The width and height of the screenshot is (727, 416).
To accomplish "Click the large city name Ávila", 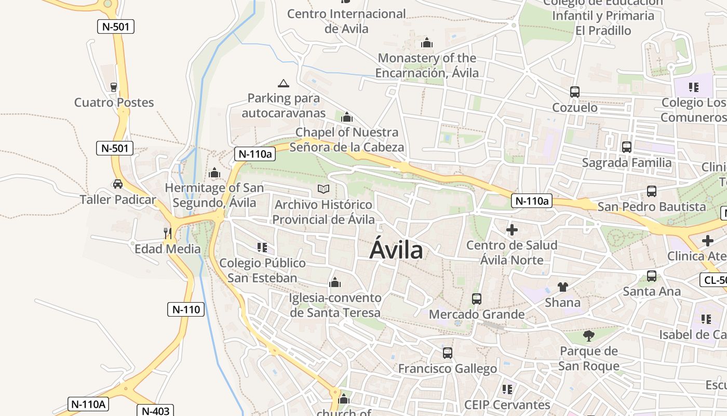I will (396, 251).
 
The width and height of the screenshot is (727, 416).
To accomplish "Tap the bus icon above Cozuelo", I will (574, 92).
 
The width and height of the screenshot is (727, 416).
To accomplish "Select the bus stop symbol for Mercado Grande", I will (476, 299).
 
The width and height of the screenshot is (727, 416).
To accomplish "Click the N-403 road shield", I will (156, 411).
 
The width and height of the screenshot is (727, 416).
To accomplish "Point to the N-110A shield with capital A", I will (88, 404).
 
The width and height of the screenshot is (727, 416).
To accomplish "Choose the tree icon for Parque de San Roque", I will (588, 336).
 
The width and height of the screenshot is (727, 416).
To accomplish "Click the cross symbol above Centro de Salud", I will (512, 229).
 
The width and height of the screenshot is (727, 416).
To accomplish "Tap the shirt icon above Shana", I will (563, 287).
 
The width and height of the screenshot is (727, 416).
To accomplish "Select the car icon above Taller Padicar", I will (118, 184).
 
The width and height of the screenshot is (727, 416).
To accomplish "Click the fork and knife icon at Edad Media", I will (167, 233).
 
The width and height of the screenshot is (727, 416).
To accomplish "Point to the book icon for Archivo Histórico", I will (324, 189).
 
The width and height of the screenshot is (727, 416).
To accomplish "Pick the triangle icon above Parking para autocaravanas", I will (283, 83).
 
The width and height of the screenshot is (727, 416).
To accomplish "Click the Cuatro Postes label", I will (114, 102).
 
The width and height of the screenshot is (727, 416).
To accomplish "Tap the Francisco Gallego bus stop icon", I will (447, 353).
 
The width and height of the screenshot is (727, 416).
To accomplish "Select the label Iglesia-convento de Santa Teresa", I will (335, 305).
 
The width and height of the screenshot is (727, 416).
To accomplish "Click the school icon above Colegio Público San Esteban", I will (262, 247).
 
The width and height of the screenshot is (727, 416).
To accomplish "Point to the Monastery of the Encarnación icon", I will (427, 43).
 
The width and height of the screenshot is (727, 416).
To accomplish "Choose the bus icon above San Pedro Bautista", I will (651, 191).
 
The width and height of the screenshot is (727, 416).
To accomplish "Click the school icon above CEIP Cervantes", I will (507, 389).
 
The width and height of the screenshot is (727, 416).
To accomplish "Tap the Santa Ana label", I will (652, 291).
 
